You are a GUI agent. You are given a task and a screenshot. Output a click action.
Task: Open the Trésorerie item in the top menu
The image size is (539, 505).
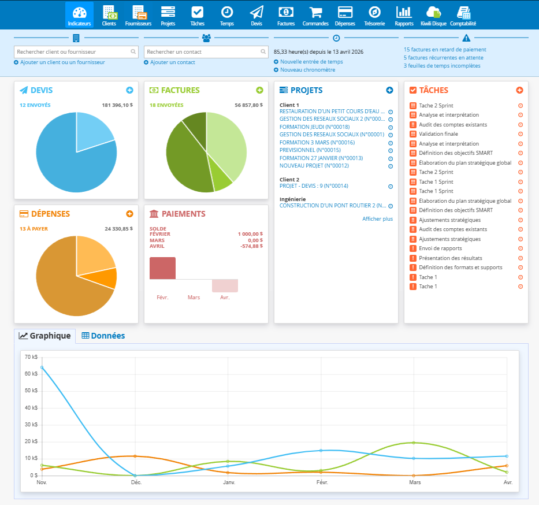pyautogui.click(x=374, y=16)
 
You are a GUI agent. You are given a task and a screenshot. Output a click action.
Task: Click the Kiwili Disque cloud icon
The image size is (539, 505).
pyautogui.click(x=433, y=12)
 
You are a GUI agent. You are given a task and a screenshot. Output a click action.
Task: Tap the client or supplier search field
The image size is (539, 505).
pyautogui.click(x=76, y=52)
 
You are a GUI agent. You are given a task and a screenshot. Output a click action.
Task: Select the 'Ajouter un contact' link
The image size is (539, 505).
pyautogui.click(x=173, y=62)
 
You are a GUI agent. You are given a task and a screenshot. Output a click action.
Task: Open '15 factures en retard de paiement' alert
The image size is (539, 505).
pyautogui.click(x=445, y=50)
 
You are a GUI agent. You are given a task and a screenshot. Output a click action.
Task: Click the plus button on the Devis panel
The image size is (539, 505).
pyautogui.click(x=129, y=90)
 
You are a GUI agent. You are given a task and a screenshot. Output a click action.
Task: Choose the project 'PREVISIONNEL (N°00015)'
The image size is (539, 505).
pyautogui.click(x=310, y=150)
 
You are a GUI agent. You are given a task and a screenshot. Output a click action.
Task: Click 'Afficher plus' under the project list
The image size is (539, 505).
pyautogui.click(x=377, y=219)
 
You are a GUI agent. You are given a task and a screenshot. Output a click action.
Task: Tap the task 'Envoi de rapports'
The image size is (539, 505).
pyautogui.click(x=440, y=248)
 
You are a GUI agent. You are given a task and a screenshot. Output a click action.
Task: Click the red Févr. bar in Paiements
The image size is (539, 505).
pyautogui.click(x=162, y=268)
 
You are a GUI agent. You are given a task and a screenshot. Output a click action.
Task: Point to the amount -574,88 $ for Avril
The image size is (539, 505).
pyautogui.click(x=252, y=246)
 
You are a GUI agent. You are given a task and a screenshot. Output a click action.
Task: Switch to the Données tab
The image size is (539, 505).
pyautogui.click(x=103, y=336)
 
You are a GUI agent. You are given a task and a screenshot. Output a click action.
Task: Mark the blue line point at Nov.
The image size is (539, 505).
pyautogui.click(x=42, y=367)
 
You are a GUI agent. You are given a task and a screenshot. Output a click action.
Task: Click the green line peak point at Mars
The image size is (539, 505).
pyautogui.click(x=414, y=443)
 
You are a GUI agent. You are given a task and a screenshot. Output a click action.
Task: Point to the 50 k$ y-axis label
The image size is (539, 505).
pyautogui.click(x=31, y=391)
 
